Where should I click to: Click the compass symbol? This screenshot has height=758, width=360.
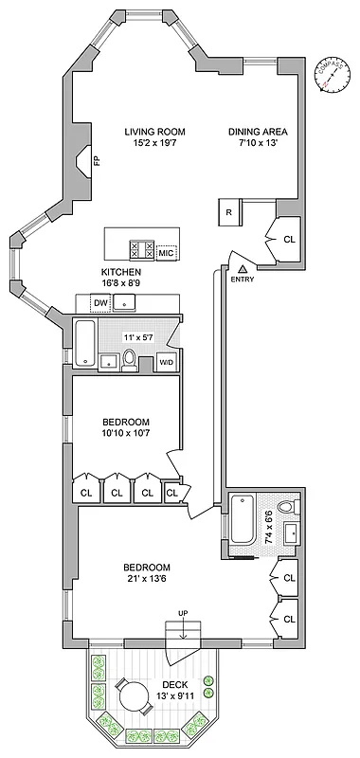(x=329, y=76)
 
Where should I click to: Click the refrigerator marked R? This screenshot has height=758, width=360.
(x=229, y=212)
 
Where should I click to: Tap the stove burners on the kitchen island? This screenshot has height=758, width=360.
(x=141, y=250)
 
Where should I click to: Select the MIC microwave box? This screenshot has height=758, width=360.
(x=166, y=254)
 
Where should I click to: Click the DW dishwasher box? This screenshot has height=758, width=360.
(x=100, y=302)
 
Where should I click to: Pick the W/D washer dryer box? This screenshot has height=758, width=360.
(x=166, y=362)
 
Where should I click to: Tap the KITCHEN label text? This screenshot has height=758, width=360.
(x=121, y=271)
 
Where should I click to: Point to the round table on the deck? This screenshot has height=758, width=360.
(x=130, y=688)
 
